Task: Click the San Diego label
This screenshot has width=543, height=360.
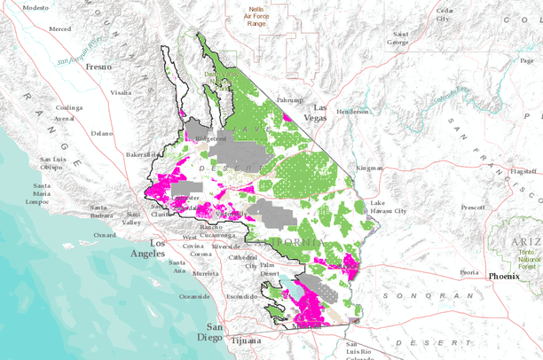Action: click(x=209, y=333)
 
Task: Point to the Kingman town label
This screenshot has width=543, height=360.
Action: click(x=368, y=168)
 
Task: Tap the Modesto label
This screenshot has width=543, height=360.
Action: click(x=35, y=7)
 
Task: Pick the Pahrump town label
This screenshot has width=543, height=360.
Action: click(x=290, y=100)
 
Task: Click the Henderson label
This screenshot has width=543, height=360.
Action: click(x=351, y=112)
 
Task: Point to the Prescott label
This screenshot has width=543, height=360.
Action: click(x=473, y=207)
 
